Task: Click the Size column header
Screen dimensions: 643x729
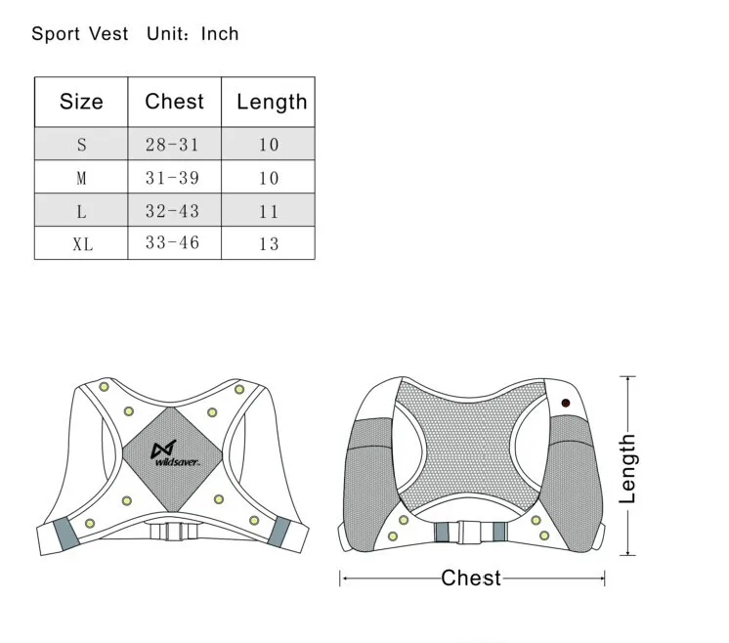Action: (x=81, y=102)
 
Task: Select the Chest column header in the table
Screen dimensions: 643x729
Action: (x=174, y=102)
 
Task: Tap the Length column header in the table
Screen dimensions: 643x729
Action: (x=271, y=102)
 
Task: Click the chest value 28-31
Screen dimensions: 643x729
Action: (x=172, y=145)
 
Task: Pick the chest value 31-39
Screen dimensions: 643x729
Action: (x=172, y=178)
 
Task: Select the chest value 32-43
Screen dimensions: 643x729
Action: (x=172, y=211)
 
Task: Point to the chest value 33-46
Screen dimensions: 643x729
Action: (x=172, y=243)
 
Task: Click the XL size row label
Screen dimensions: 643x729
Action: (x=82, y=244)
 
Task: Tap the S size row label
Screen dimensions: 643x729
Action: (x=82, y=145)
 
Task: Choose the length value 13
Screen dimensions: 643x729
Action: (x=269, y=244)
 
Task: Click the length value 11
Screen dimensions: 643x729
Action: (x=269, y=211)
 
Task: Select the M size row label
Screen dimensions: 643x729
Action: (x=82, y=178)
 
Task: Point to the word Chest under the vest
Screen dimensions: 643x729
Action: (x=471, y=579)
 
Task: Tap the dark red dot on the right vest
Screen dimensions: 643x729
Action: (x=566, y=403)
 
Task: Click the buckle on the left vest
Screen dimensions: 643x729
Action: (x=175, y=531)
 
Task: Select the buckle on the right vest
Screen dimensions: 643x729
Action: (x=471, y=533)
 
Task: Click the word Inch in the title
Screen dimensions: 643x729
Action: (x=220, y=34)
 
